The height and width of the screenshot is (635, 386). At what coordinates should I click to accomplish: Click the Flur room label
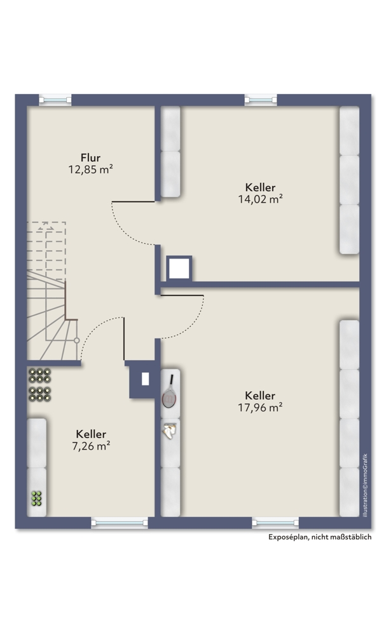click(x=90, y=157)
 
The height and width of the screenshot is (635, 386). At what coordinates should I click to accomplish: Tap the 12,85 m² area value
click(x=90, y=170)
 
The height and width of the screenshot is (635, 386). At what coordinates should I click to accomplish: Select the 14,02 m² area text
click(x=260, y=199)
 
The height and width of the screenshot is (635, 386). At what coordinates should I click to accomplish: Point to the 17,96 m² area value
click(x=260, y=408)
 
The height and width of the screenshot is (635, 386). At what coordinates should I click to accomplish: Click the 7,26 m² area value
click(x=91, y=446)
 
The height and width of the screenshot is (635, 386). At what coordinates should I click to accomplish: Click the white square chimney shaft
click(x=179, y=268)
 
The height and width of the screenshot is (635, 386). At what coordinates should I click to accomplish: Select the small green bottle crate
click(x=36, y=498)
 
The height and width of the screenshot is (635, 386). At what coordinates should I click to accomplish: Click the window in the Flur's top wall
click(x=55, y=99)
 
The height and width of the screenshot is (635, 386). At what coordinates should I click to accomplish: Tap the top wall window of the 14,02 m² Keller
click(x=261, y=99)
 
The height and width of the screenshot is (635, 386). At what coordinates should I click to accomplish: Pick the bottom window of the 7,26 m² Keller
click(x=120, y=523)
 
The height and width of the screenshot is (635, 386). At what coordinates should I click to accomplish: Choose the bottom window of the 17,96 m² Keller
click(x=275, y=523)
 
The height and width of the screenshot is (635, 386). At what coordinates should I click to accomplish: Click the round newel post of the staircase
click(x=77, y=340)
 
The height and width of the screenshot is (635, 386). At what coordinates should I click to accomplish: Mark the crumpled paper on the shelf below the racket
click(x=170, y=430)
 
